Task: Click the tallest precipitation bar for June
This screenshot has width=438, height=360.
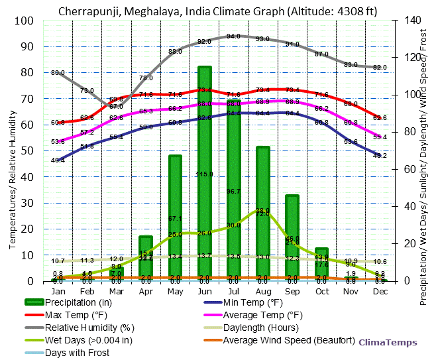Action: coord(205,172)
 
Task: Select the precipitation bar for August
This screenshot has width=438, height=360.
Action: coord(263,212)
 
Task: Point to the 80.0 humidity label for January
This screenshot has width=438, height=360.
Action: coord(58,72)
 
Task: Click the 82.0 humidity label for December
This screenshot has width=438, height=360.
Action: coord(380,68)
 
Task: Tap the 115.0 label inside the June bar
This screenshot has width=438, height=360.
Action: coord(204,174)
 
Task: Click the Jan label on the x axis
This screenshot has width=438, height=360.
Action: coord(58,292)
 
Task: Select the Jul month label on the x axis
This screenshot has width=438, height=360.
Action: coord(233,292)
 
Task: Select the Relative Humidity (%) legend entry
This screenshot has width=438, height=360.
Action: coord(89,328)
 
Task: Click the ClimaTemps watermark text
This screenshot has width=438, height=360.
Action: coord(388,343)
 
